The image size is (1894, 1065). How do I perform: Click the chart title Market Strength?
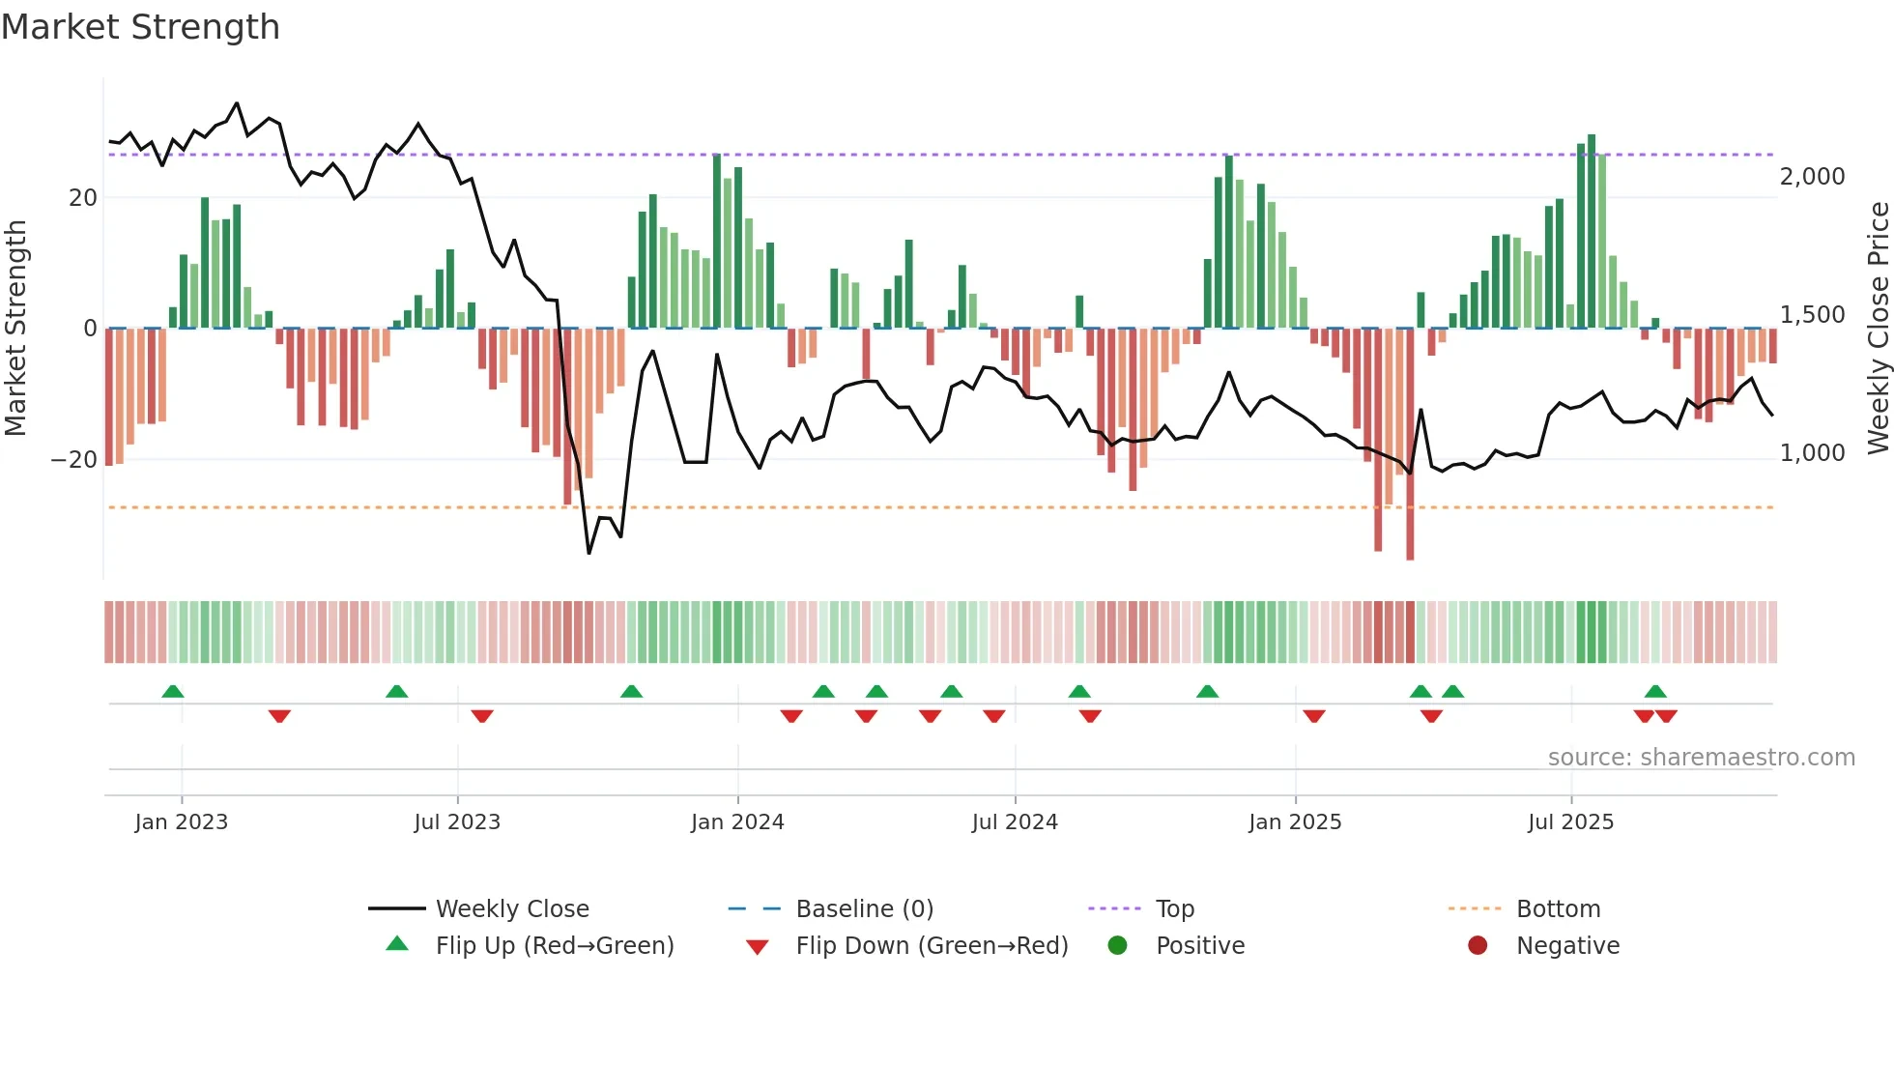click(x=140, y=27)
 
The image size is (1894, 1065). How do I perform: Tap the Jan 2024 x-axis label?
click(x=737, y=822)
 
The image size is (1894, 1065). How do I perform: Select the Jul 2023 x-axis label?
click(x=457, y=822)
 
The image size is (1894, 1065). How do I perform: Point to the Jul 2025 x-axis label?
click(x=1570, y=822)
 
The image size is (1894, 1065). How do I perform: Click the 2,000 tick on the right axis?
click(x=1812, y=177)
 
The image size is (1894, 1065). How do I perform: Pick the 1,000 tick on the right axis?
click(x=1812, y=453)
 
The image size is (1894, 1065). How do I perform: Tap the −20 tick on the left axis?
click(x=73, y=460)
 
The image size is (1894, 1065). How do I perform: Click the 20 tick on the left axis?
click(x=83, y=198)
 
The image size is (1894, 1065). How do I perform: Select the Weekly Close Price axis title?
click(x=1878, y=329)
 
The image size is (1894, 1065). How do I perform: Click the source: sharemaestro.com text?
click(x=1701, y=758)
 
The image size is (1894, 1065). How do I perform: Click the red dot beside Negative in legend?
click(x=1478, y=946)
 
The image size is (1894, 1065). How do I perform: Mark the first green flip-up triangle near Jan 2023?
click(x=173, y=692)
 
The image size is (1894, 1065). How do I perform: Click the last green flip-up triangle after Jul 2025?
click(x=1655, y=692)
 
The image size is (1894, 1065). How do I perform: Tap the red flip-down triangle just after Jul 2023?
click(x=482, y=716)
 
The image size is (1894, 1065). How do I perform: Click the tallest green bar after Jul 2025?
click(x=1592, y=232)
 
